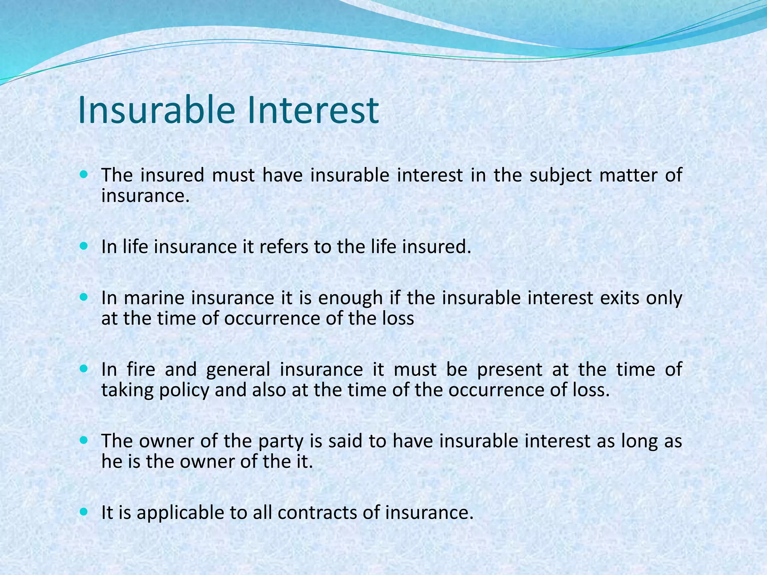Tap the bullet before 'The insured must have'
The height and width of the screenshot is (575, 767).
click(x=84, y=174)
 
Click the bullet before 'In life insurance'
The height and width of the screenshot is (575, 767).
click(x=84, y=246)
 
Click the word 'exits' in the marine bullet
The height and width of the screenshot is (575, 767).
click(x=621, y=298)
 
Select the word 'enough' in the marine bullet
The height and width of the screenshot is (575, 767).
click(x=350, y=299)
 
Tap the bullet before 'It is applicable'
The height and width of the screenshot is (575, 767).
click(x=84, y=512)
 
